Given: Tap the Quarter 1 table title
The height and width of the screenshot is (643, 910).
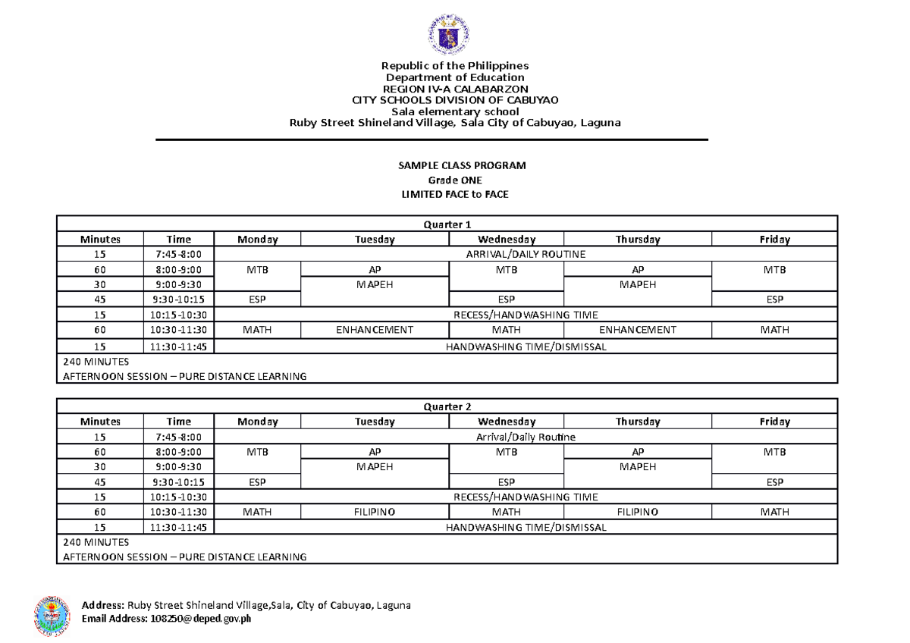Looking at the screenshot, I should click(x=447, y=224).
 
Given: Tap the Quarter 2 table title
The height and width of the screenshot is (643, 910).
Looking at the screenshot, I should click(x=447, y=406).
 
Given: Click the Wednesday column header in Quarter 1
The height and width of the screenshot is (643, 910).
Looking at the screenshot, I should click(x=506, y=240).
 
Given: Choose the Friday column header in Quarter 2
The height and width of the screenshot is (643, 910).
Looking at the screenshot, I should click(x=774, y=422).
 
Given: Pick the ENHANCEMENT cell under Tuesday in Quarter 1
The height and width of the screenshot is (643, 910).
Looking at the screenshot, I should click(x=375, y=330).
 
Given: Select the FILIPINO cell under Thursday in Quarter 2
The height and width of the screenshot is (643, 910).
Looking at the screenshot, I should click(x=637, y=512).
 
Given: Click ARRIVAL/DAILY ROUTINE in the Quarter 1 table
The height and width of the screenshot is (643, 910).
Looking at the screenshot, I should click(x=526, y=255).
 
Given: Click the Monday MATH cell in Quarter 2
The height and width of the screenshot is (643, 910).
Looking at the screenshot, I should click(x=257, y=512).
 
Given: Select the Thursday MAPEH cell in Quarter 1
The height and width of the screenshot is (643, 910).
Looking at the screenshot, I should click(x=637, y=285).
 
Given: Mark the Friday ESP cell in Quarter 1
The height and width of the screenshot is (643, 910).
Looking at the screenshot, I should click(x=774, y=300).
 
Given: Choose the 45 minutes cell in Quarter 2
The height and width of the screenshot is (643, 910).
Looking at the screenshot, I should click(x=100, y=481).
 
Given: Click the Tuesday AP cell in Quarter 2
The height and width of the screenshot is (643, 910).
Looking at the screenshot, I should click(x=375, y=452).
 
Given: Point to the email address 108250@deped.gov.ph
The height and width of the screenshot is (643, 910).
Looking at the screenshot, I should click(x=201, y=619).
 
